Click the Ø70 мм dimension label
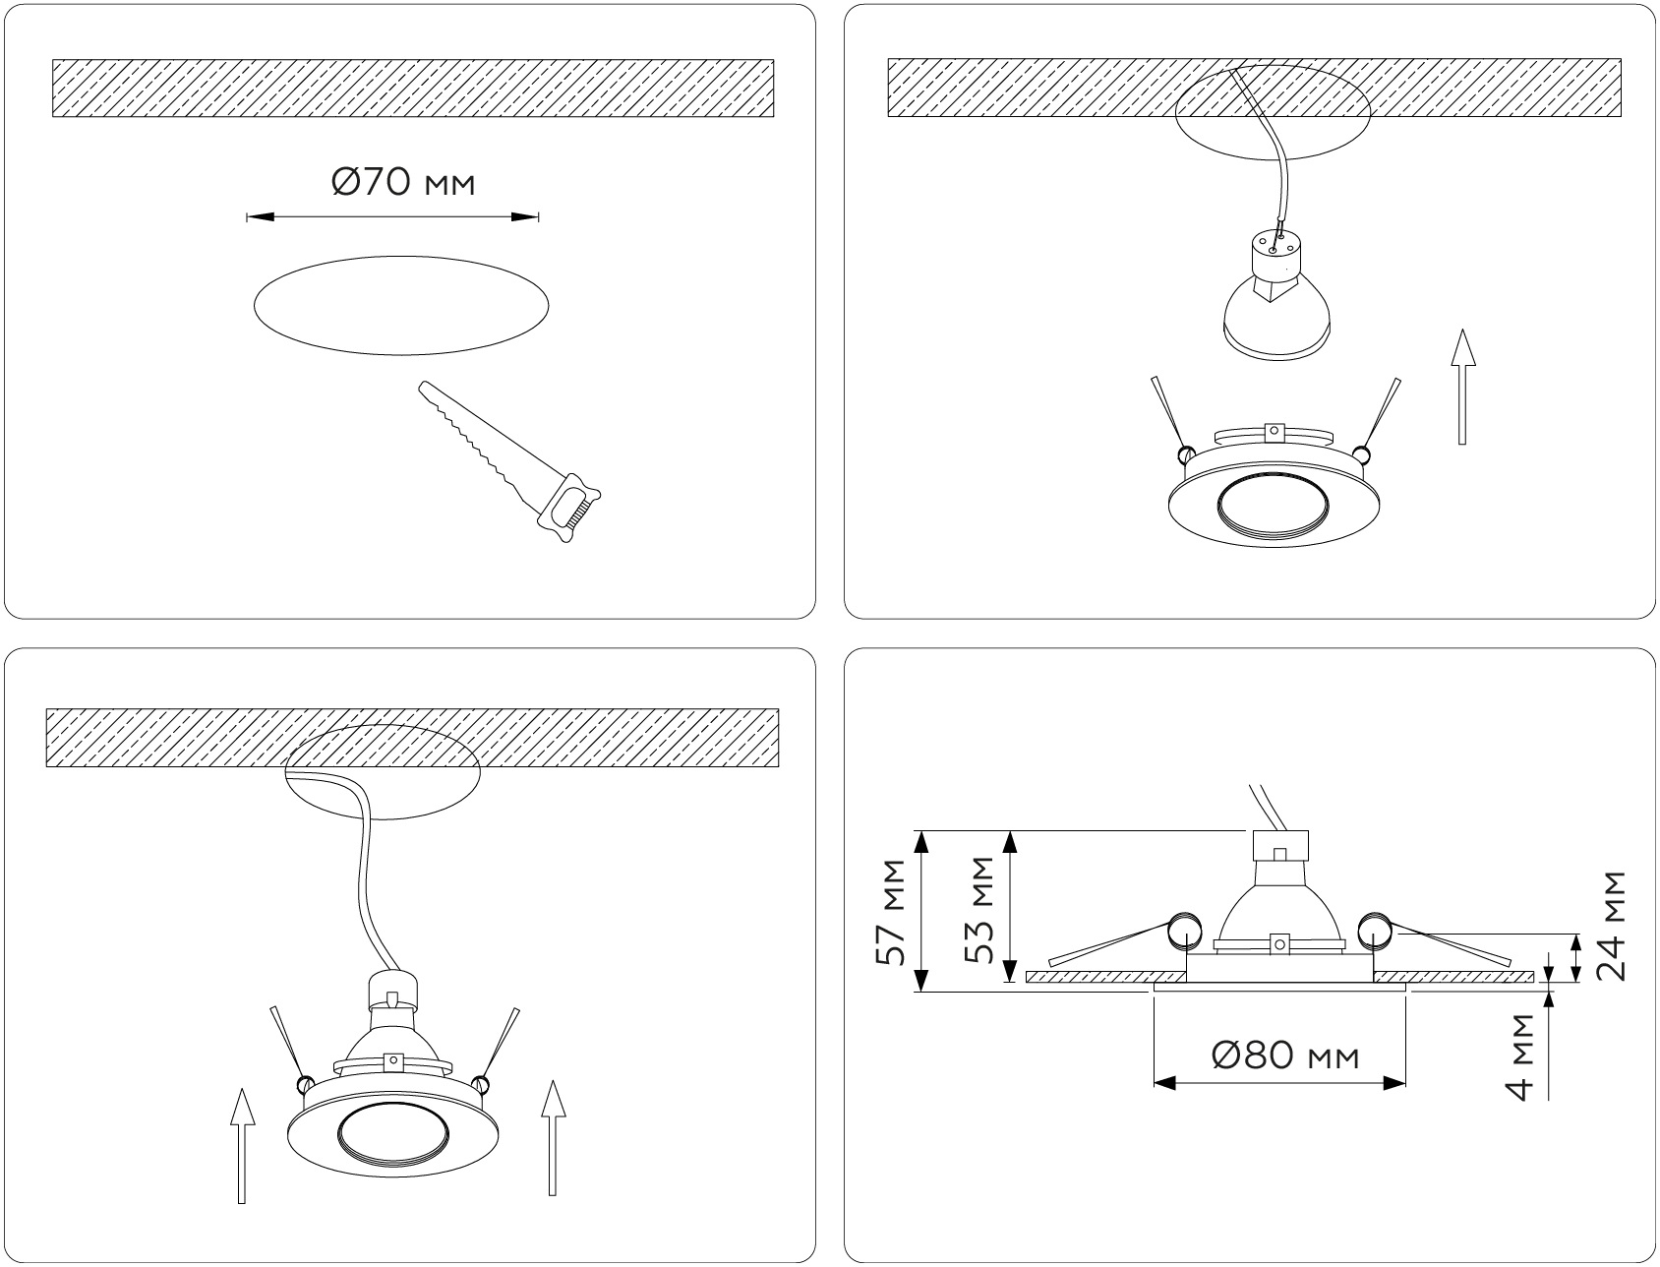[x=403, y=183]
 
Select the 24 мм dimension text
[x=1610, y=925]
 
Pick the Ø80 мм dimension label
[x=1285, y=1056]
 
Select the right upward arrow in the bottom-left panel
[x=555, y=1138]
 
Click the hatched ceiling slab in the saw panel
[x=413, y=90]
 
